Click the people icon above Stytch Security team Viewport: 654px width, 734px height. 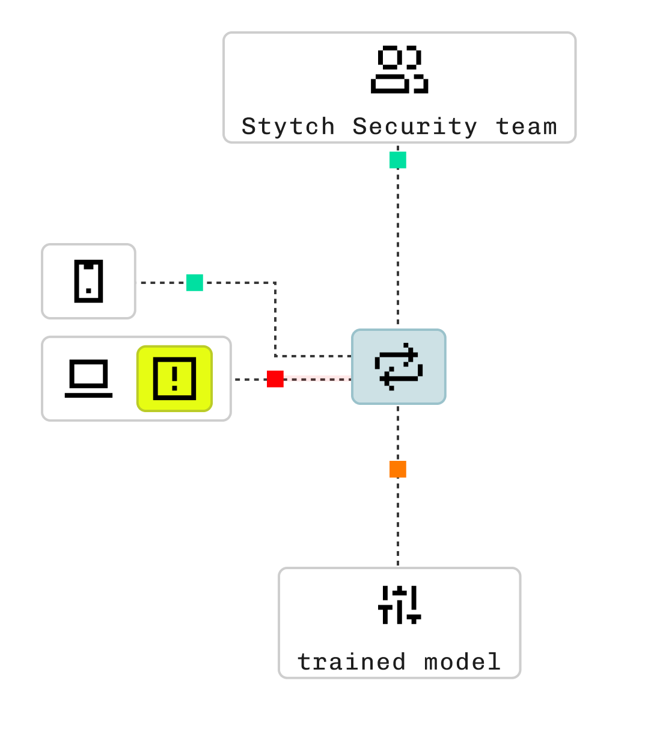[399, 69]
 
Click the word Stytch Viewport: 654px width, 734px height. [288, 127]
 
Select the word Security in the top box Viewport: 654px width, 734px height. [415, 127]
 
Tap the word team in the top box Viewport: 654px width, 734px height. [527, 127]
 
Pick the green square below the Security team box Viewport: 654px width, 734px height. [398, 160]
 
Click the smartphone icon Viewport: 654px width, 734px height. [89, 281]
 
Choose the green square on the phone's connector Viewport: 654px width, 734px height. [195, 283]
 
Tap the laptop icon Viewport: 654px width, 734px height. [88, 378]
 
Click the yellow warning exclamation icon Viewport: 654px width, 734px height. [174, 378]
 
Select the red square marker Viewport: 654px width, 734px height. [275, 379]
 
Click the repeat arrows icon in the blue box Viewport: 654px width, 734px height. [399, 366]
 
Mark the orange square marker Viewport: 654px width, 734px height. [398, 469]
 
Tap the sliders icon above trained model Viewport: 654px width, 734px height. [399, 605]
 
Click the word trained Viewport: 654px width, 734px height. [352, 662]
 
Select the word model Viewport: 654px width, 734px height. [462, 662]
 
